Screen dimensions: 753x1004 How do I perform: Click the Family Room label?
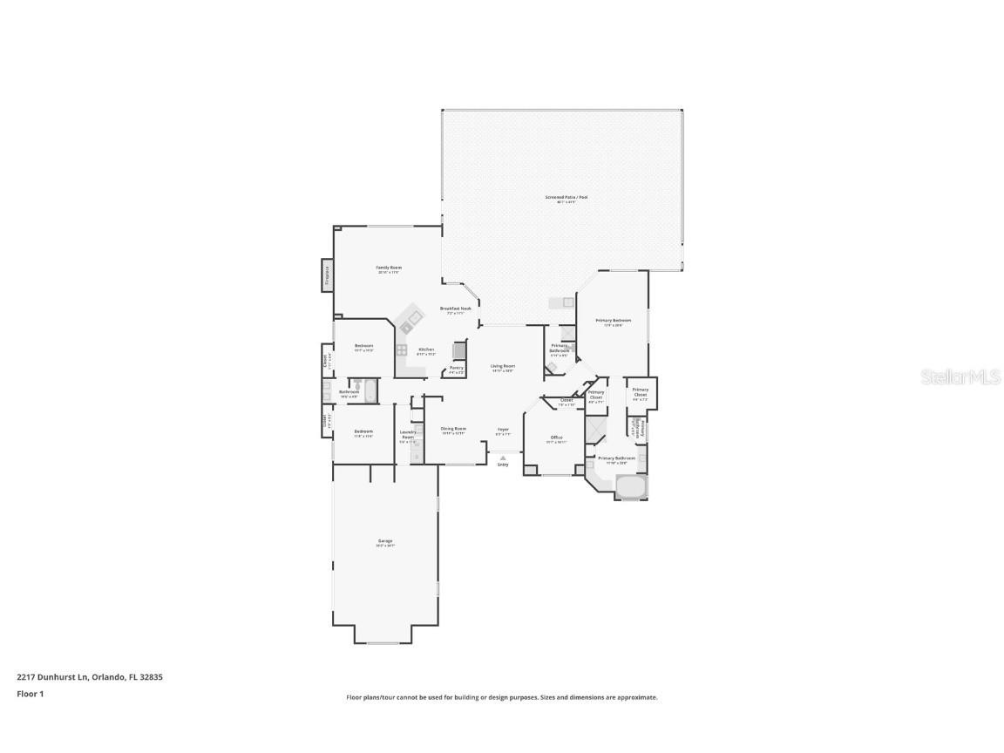[x=389, y=268]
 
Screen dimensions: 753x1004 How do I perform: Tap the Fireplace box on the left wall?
[x=328, y=275]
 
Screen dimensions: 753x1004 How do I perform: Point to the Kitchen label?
[x=426, y=349]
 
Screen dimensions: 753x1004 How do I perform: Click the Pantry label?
[x=456, y=368]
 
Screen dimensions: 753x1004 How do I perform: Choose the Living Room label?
[x=502, y=366]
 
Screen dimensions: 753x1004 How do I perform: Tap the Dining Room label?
[x=453, y=429]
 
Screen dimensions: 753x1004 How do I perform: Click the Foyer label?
[x=503, y=429]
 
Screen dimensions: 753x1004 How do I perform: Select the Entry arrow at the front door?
[x=503, y=458]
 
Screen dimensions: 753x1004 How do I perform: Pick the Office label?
[x=556, y=438]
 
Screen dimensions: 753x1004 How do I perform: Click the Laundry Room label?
[x=407, y=434]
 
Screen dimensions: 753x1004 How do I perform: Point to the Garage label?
[x=385, y=541]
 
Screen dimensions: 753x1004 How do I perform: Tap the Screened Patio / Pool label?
[x=566, y=198]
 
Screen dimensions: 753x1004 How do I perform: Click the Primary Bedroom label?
[x=614, y=321]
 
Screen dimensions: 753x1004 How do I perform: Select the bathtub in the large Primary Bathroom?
[x=630, y=487]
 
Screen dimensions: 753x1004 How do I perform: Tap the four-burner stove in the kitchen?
[x=402, y=350]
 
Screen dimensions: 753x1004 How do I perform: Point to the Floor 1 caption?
[x=30, y=694]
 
